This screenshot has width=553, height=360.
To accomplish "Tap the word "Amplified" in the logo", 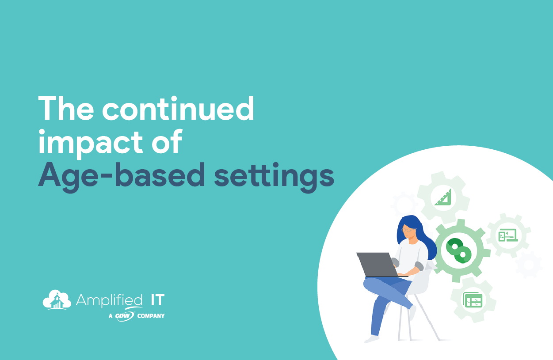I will [109, 300].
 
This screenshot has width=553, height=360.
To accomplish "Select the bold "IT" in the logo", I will [157, 300].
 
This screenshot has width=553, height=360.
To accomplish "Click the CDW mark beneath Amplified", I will [125, 316].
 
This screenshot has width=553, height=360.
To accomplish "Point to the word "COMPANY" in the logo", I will [151, 316].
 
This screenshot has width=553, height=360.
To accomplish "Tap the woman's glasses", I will [408, 230].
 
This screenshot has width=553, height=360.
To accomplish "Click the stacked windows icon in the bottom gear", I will [473, 300].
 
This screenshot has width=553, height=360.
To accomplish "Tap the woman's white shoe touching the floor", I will [372, 339].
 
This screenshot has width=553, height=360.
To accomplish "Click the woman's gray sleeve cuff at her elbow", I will [419, 266].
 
